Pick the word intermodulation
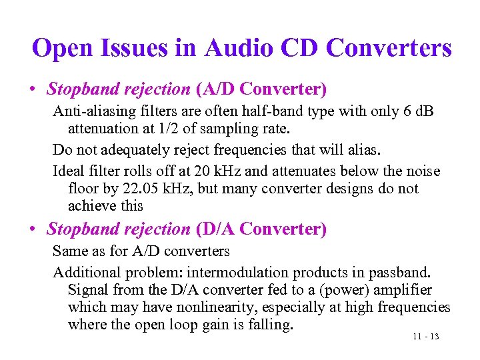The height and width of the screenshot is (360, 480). click(x=233, y=273)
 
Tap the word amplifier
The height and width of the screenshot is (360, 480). click(x=402, y=290)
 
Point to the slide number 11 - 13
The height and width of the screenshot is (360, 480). click(x=425, y=337)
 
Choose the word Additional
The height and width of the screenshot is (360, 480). click(x=84, y=273)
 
